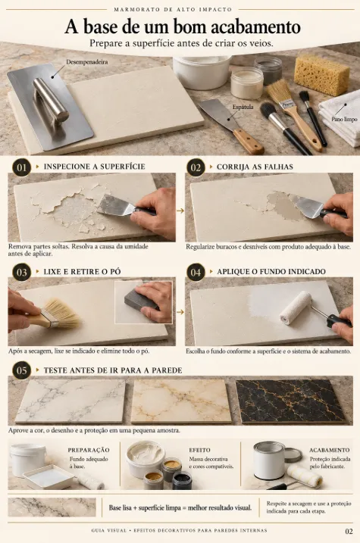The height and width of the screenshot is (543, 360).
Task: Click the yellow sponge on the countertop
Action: point(322,75)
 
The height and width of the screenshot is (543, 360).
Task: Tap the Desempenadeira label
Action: point(87,62)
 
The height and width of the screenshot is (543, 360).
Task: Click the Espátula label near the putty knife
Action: point(243,107)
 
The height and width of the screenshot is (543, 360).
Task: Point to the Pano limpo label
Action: point(344,119)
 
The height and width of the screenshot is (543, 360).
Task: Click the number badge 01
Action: point(22,167)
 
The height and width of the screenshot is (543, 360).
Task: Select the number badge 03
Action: point(22,272)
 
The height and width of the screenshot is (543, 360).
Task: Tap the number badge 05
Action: point(22,370)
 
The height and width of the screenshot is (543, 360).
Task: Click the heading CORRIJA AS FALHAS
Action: point(255,167)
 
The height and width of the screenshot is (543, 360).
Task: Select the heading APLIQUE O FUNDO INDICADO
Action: point(271,271)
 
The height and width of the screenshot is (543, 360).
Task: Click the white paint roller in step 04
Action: point(296,308)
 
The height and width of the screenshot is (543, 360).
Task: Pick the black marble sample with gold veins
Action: point(290,401)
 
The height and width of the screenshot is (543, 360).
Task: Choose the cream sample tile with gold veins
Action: point(181,401)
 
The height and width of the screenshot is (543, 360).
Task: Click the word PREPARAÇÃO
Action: point(89,450)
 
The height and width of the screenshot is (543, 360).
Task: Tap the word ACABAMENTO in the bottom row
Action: point(330,450)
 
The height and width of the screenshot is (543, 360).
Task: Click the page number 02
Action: point(349,531)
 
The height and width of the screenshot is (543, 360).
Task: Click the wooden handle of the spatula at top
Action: point(249,142)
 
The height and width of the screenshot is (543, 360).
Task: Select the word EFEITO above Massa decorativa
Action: point(199,450)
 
